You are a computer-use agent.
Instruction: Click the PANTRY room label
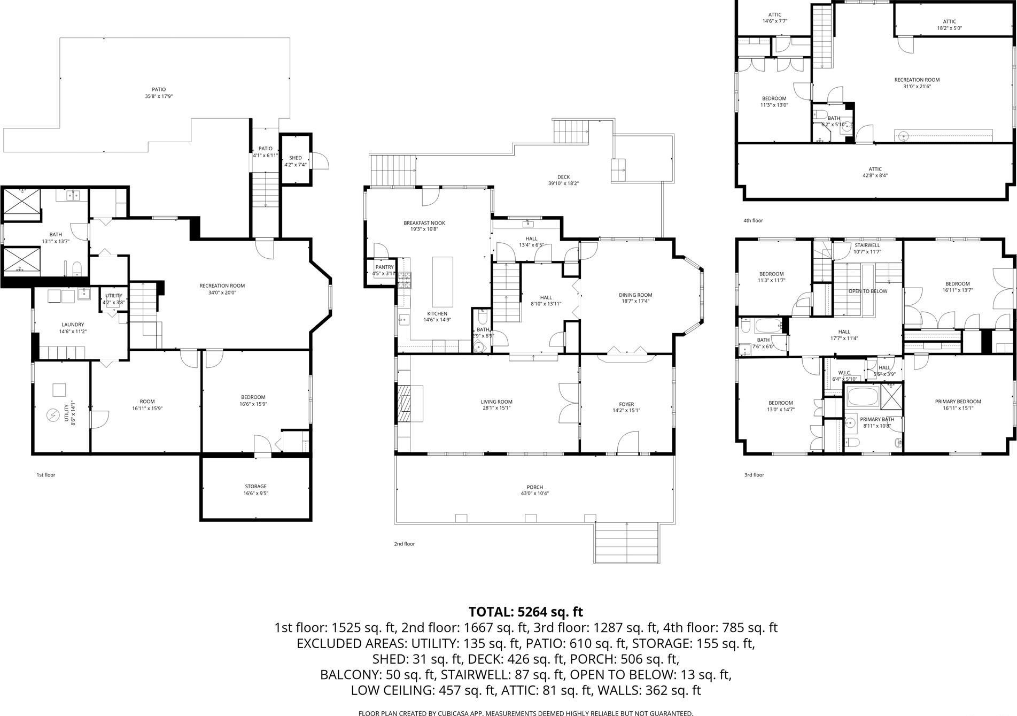tap(384, 267)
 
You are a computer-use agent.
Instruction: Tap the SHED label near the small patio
tap(295, 158)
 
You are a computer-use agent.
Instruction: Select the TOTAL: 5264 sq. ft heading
tap(525, 611)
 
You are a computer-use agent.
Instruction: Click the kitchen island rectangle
tap(442, 280)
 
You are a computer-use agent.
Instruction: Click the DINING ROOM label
tap(635, 295)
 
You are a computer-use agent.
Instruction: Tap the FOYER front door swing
tap(627, 442)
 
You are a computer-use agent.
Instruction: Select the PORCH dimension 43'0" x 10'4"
tap(534, 494)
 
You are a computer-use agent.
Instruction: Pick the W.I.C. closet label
tap(844, 373)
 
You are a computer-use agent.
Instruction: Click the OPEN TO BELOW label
tap(867, 291)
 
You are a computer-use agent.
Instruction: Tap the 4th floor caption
tap(753, 220)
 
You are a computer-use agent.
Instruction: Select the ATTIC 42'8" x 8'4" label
tap(875, 172)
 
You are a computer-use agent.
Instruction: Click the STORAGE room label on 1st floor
tap(255, 487)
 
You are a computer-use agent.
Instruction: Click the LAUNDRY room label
tap(73, 325)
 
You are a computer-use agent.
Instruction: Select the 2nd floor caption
tap(404, 544)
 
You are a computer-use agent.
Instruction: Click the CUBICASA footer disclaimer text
tap(525, 713)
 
